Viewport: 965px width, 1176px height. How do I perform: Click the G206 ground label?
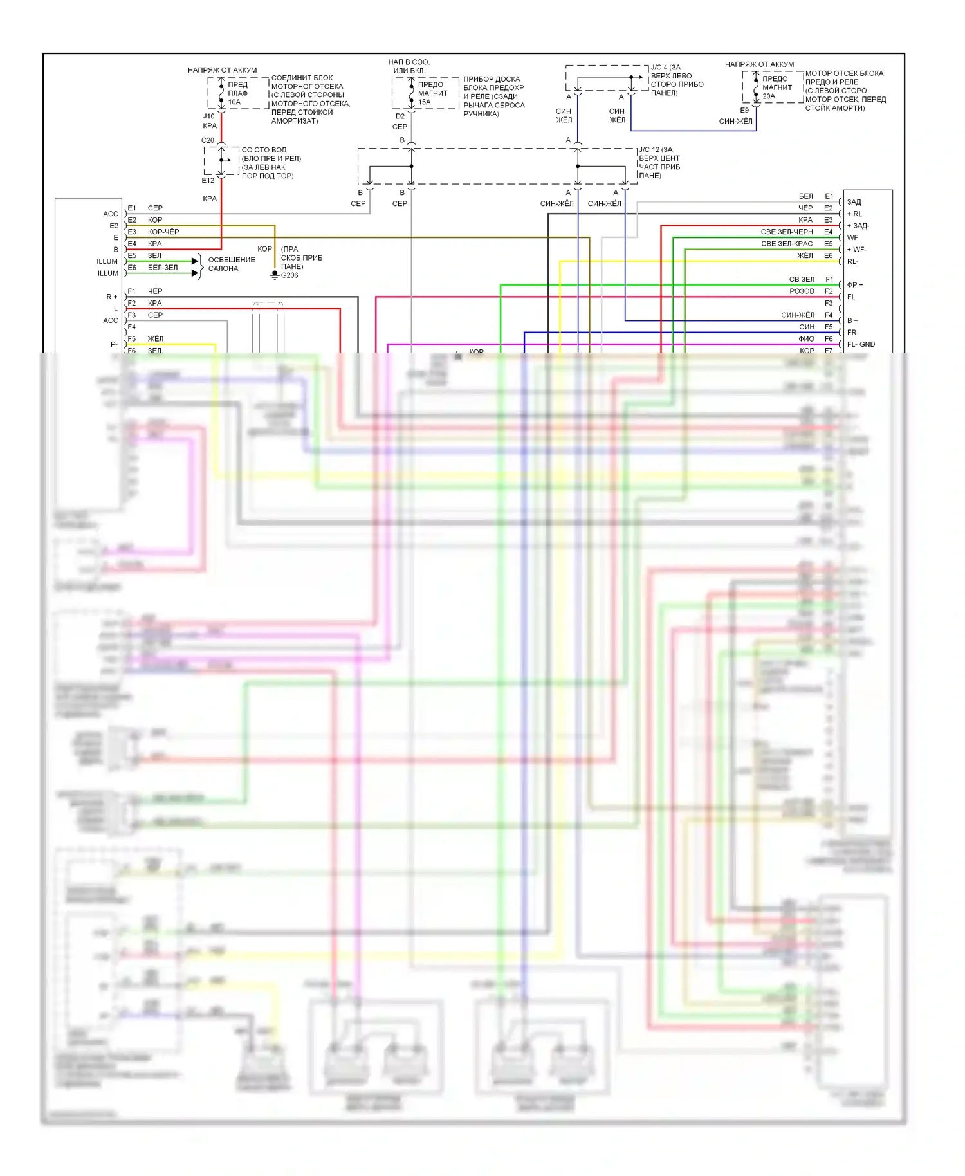click(289, 275)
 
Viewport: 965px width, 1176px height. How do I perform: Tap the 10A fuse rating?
click(234, 102)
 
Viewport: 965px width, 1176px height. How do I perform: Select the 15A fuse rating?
click(425, 102)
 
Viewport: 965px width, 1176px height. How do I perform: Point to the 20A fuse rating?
click(769, 96)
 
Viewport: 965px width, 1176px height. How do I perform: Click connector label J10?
click(209, 116)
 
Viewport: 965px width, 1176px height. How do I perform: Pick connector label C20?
click(208, 140)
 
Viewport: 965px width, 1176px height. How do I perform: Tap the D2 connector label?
click(400, 116)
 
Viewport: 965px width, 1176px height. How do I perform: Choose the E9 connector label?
click(744, 111)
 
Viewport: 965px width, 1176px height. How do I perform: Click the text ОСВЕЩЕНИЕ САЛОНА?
click(232, 264)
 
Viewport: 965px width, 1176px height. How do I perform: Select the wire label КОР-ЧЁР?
click(163, 232)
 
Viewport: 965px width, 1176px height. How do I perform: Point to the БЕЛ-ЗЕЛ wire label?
click(163, 268)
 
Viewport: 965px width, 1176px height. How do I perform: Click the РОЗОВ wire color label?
click(802, 291)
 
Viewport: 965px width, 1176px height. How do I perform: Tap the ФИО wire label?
click(807, 339)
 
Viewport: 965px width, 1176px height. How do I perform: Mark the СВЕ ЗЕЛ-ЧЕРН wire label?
click(787, 232)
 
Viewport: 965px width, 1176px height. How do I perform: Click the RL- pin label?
click(853, 261)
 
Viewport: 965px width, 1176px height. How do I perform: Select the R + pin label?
click(112, 297)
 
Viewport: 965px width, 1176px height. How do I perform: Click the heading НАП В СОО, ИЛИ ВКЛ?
click(409, 66)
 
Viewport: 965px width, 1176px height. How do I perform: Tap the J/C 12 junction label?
click(656, 149)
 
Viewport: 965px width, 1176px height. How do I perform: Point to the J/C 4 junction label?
click(666, 67)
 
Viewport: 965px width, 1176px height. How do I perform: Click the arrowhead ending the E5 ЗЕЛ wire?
click(195, 261)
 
